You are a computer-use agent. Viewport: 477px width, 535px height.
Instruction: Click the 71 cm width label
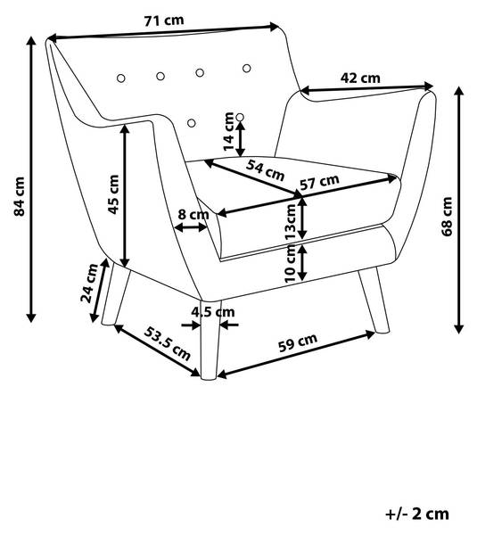click(164, 21)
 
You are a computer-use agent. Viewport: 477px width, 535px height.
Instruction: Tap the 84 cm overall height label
click(19, 197)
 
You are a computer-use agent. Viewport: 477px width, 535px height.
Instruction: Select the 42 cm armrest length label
click(360, 78)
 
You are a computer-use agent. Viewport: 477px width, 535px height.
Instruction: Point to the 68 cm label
click(447, 217)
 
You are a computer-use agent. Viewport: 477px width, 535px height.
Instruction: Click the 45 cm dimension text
click(113, 194)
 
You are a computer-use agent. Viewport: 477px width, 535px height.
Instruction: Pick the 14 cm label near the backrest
click(228, 132)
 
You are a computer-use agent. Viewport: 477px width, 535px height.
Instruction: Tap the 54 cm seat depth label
click(265, 170)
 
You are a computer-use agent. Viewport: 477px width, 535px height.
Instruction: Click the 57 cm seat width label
click(319, 182)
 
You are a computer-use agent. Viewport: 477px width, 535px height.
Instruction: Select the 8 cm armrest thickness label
click(193, 215)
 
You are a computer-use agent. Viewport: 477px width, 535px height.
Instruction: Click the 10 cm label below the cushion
click(290, 264)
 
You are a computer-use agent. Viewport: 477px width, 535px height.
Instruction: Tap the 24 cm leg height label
click(89, 284)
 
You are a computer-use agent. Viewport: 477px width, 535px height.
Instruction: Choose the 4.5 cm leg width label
click(213, 312)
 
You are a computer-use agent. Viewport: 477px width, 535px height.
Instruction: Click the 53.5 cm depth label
click(167, 343)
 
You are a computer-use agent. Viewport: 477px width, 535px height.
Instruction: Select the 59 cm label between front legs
click(298, 342)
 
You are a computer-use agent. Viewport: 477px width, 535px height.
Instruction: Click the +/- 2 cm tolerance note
click(417, 514)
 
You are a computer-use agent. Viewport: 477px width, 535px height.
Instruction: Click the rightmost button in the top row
click(247, 69)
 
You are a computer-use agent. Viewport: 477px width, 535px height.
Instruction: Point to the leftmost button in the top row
click(120, 78)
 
